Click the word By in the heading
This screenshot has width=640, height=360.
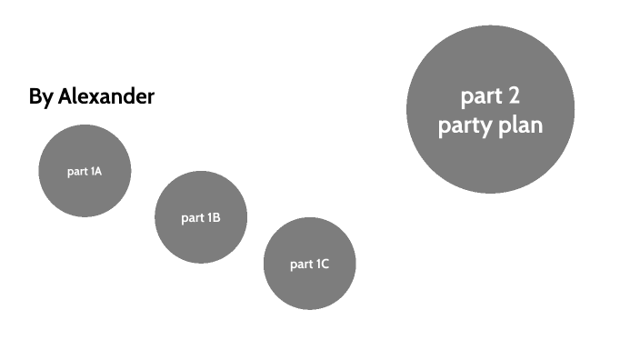41,96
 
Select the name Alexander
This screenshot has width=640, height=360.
106,96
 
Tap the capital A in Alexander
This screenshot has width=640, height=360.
65,96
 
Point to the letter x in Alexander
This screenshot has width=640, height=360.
91,97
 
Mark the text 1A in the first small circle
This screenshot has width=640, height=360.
96,171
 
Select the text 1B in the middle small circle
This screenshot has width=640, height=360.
214,218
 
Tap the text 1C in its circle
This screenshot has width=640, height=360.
322,265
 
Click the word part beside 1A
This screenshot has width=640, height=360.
77,172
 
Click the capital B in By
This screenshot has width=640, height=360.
35,96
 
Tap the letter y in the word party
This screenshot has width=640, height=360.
487,127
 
